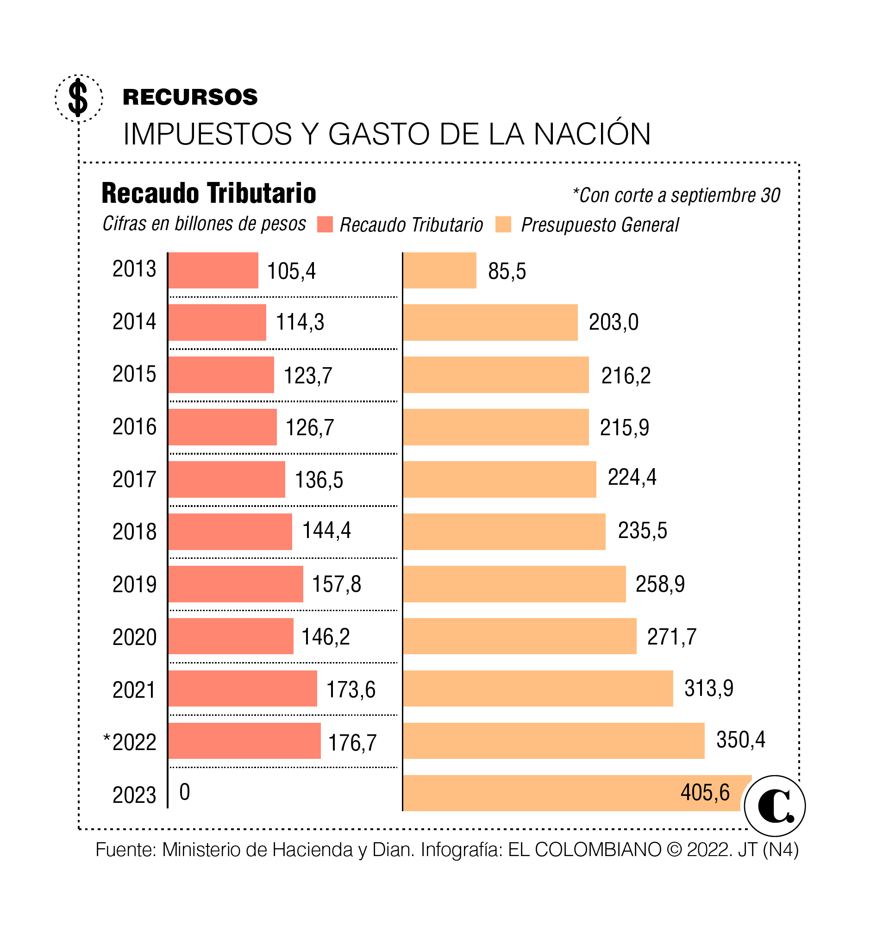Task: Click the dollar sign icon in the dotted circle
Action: [78, 98]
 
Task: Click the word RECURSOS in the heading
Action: [190, 97]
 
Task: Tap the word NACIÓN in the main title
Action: [592, 134]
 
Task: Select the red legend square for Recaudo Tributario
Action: [325, 225]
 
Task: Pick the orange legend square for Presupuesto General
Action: [503, 225]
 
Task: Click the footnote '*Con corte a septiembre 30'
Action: [676, 195]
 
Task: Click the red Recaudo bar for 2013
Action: [213, 270]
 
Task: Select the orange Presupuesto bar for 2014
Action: [490, 322]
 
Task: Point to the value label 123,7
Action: [307, 375]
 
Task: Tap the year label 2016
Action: [134, 426]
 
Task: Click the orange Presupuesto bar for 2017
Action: [499, 479]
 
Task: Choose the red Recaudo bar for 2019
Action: [235, 584]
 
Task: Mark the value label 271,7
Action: [671, 636]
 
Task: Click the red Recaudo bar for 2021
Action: [242, 688]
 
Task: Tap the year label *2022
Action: [130, 742]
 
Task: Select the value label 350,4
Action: [740, 739]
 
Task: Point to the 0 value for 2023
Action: [185, 792]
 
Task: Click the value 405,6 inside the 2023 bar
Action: [705, 792]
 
